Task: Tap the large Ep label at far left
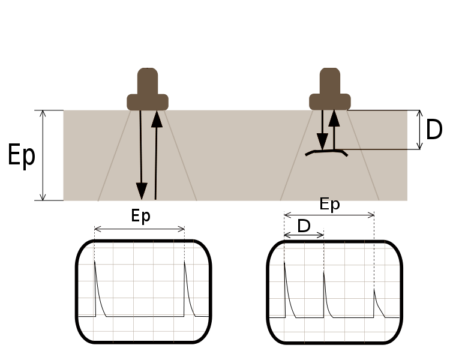tap(21, 155)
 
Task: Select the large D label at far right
tap(434, 130)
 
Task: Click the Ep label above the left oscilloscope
tap(140, 216)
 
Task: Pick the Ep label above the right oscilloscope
tap(329, 204)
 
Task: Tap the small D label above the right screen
tap(304, 226)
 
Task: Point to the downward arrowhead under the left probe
tap(142, 191)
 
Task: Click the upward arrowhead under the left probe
tap(157, 119)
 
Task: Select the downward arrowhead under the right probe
tap(322, 142)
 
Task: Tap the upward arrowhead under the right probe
tap(334, 118)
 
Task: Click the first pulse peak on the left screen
tap(95, 261)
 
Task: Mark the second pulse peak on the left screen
tap(185, 262)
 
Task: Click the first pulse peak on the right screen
tap(284, 262)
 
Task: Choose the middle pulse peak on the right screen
tap(324, 272)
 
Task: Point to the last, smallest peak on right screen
tap(374, 289)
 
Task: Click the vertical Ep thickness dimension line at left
tap(43, 155)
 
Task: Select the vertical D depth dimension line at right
tap(420, 130)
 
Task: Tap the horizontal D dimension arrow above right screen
tap(304, 235)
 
